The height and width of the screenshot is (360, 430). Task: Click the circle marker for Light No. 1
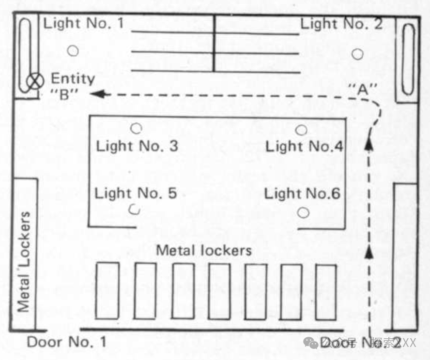coord(73,50)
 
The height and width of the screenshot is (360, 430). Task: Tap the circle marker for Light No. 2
coord(357,54)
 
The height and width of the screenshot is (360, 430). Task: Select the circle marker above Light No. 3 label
coord(137,128)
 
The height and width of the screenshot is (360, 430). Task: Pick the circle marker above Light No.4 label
coord(301,130)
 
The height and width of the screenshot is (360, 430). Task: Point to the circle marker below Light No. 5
coord(135,210)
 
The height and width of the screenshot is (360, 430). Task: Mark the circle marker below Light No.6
coord(303,212)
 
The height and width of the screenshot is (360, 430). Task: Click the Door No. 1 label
coord(66,342)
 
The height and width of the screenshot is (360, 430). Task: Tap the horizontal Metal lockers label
coord(204,250)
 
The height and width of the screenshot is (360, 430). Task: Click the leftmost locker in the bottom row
coord(107,290)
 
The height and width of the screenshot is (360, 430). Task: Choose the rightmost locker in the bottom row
coord(326,291)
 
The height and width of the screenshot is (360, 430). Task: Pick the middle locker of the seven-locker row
coord(219,291)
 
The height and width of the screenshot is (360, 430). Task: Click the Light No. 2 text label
coord(341,23)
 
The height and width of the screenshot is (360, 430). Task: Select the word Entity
coord(73,78)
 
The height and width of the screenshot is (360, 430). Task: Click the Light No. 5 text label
coord(136,194)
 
